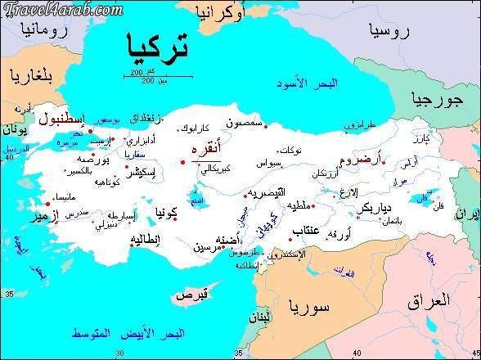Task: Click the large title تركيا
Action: click(156, 47)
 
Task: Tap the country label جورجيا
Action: click(438, 101)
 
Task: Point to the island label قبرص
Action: click(196, 293)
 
